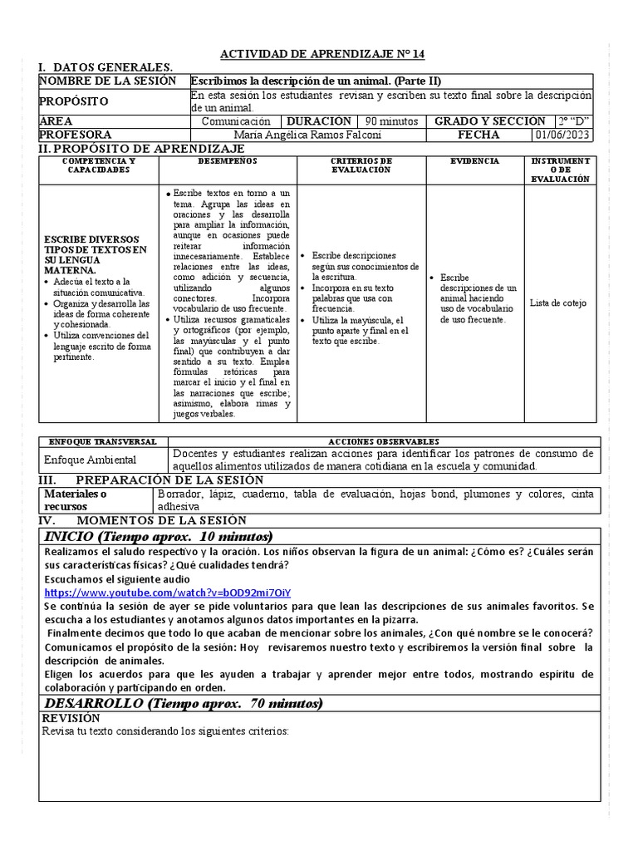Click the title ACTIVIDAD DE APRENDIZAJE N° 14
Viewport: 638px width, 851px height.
(x=321, y=54)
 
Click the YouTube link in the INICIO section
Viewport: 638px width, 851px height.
(x=168, y=593)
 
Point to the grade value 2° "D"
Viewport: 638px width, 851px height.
(x=576, y=121)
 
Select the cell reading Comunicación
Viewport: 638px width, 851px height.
(x=237, y=121)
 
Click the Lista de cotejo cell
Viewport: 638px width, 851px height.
(x=557, y=303)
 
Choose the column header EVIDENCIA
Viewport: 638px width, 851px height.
(x=474, y=160)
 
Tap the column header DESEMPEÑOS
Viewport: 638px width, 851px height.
(x=228, y=160)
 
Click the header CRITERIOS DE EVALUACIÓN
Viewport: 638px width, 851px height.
(x=361, y=165)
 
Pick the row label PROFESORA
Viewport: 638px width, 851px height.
(x=76, y=135)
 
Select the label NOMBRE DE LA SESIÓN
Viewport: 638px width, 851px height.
(x=108, y=81)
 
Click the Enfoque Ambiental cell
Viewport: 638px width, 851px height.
(x=90, y=460)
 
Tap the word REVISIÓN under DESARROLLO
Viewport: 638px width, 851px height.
(x=71, y=718)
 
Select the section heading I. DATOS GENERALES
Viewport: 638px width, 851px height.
(x=106, y=67)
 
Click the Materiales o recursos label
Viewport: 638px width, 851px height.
(x=76, y=500)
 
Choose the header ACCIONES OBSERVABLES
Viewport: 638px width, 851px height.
(x=384, y=441)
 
